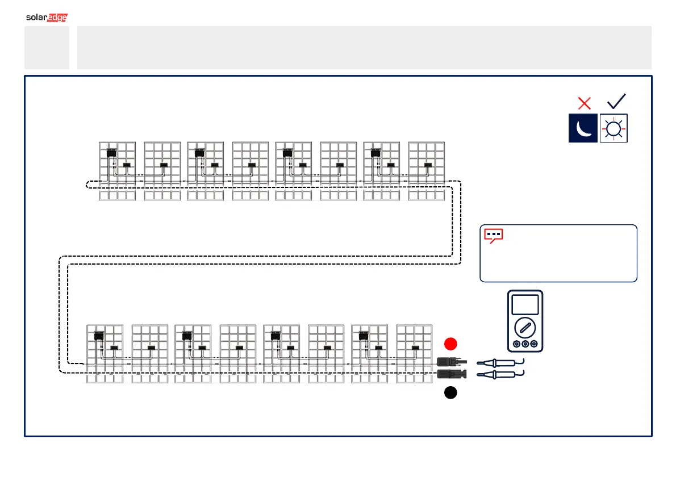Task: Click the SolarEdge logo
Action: [x=47, y=18]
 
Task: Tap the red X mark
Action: [x=584, y=103]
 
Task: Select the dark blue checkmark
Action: [x=616, y=101]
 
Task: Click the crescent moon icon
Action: [x=583, y=128]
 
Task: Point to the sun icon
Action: [x=614, y=128]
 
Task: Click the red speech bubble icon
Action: [x=493, y=236]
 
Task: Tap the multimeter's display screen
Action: [x=525, y=305]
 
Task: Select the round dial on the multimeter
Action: [x=525, y=328]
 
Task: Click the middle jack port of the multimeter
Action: [x=525, y=344]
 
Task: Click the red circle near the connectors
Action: [x=450, y=344]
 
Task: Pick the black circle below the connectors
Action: [x=450, y=393]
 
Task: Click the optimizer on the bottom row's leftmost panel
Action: [x=99, y=335]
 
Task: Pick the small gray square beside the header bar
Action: [x=47, y=48]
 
